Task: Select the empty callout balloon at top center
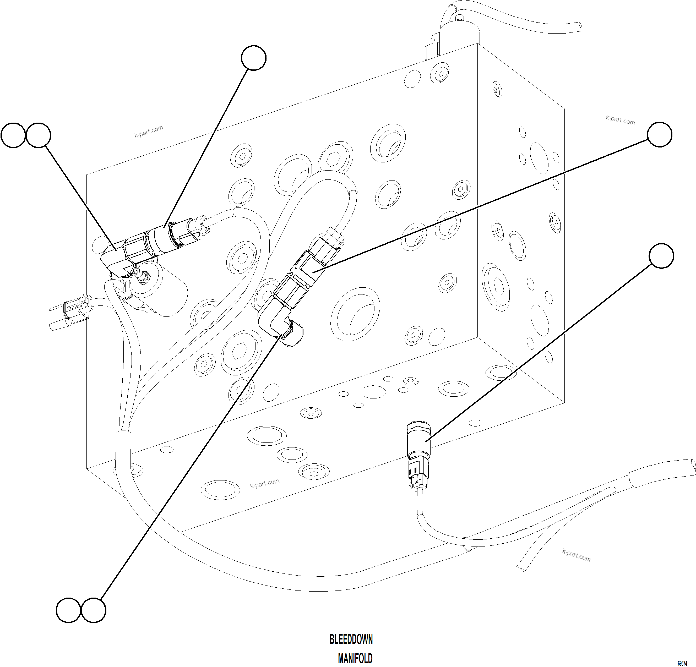coord(254,58)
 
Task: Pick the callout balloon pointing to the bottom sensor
coord(661,256)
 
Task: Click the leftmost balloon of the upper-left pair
coord(13,135)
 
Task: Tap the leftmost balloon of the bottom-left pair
coord(69,610)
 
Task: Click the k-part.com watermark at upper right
coord(620,120)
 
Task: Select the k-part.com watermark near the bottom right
coord(576,556)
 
